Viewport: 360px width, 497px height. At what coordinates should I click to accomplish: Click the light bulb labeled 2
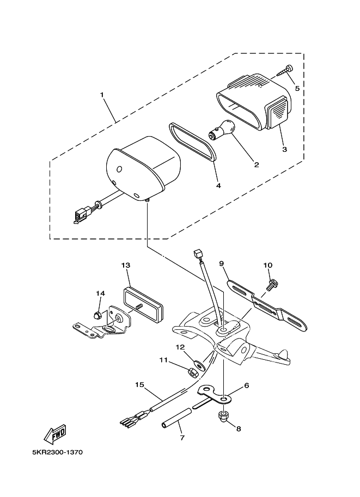pos(222,130)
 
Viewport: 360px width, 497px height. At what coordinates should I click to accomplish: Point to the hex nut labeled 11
pos(193,372)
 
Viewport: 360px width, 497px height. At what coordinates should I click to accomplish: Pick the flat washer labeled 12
pos(200,365)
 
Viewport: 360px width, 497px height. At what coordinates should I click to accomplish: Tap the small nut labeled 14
pos(99,315)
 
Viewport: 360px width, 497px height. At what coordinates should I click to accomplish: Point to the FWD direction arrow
pos(54,434)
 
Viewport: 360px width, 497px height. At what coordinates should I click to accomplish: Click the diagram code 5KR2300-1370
pos(57,452)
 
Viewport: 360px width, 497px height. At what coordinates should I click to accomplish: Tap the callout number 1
pos(102,95)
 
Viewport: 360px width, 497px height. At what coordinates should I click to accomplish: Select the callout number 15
pos(139,385)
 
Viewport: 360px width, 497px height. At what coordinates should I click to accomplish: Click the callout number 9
pos(222,263)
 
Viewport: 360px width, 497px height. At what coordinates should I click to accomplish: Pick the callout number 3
pos(284,149)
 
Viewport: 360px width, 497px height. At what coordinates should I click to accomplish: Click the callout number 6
pos(247,385)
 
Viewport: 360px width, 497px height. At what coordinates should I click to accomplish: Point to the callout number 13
pos(126,265)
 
